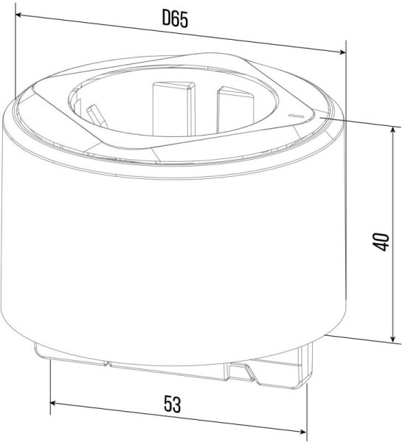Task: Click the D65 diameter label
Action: [175, 19]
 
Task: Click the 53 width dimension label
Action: [173, 404]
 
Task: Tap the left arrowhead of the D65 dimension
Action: [19, 14]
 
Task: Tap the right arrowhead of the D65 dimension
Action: [342, 52]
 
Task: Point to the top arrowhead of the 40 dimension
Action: [393, 130]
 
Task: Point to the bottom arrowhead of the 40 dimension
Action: [393, 338]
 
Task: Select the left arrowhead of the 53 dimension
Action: [54, 403]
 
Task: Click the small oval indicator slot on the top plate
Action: [296, 116]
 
